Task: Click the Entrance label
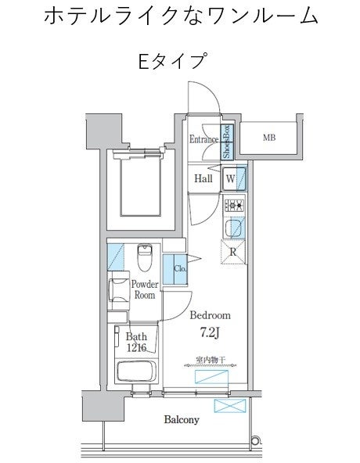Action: click(x=203, y=139)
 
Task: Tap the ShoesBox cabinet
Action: click(x=227, y=142)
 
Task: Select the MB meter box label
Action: click(x=269, y=138)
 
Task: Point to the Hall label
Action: click(x=203, y=178)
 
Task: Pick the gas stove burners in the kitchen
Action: click(x=235, y=204)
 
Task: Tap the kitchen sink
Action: click(x=234, y=228)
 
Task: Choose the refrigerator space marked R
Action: click(x=233, y=252)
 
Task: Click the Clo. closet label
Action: click(x=180, y=269)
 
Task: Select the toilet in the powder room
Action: click(x=145, y=257)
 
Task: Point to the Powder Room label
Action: click(x=145, y=289)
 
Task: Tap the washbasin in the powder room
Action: click(x=118, y=291)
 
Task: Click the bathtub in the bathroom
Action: click(x=136, y=371)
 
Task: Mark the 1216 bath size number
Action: click(x=137, y=348)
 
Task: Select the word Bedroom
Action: click(x=210, y=315)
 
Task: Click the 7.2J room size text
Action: click(x=211, y=333)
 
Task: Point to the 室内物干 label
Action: click(x=211, y=360)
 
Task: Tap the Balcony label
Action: click(x=182, y=419)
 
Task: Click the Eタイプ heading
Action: click(x=172, y=60)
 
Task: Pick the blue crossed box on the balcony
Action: click(x=230, y=406)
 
